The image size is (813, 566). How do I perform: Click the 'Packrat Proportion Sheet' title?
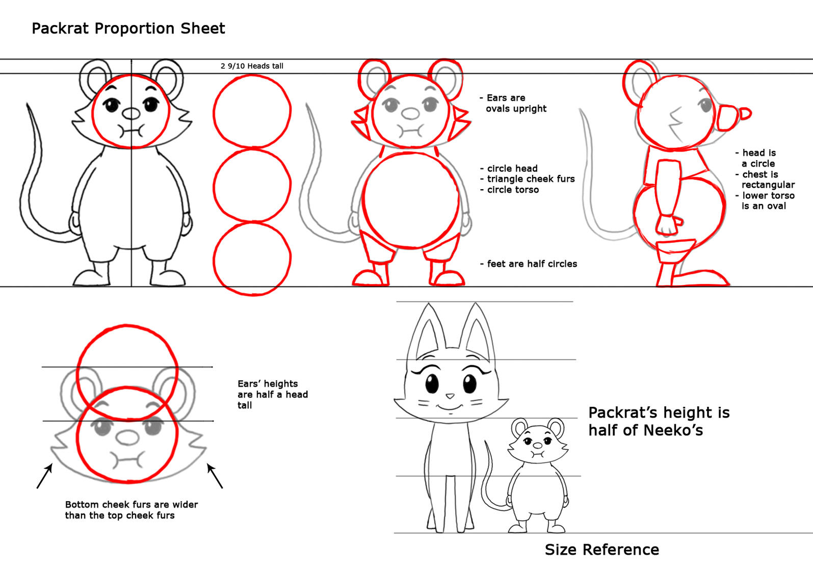pyautogui.click(x=128, y=29)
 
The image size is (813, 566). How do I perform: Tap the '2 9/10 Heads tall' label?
pyautogui.click(x=252, y=66)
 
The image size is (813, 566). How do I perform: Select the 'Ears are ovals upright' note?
pyautogui.click(x=513, y=103)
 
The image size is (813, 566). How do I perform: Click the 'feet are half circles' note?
pyautogui.click(x=529, y=264)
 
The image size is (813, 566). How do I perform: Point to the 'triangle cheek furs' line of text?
pyautogui.click(x=531, y=179)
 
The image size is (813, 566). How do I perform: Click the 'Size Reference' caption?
pyautogui.click(x=602, y=550)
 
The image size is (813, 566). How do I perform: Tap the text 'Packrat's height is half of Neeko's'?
pyautogui.click(x=659, y=421)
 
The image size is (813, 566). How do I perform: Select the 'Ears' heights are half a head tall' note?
pyautogui.click(x=273, y=394)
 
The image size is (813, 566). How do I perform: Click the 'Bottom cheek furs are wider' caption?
pyautogui.click(x=132, y=505)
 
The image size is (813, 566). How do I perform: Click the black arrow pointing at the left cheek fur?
pyautogui.click(x=45, y=476)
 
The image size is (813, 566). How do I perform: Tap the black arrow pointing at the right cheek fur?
pyautogui.click(x=215, y=476)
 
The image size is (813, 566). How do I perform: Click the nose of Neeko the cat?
pyautogui.click(x=450, y=396)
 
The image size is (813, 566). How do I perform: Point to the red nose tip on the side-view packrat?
pyautogui.click(x=745, y=114)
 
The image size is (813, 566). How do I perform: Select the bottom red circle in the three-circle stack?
pyautogui.click(x=252, y=259)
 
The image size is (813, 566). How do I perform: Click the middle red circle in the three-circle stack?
pyautogui.click(x=252, y=186)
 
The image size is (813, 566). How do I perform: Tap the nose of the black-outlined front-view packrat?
pyautogui.click(x=131, y=114)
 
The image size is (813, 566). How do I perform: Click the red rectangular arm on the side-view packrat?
pyautogui.click(x=668, y=188)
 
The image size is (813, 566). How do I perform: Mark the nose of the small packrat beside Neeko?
pyautogui.click(x=538, y=446)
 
